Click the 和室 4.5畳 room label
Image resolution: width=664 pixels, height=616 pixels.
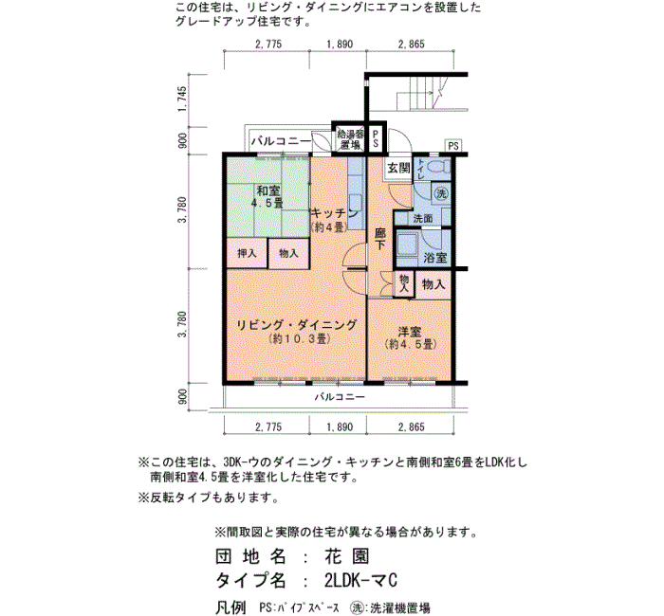point(267,196)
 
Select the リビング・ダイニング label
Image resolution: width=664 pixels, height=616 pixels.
point(296,325)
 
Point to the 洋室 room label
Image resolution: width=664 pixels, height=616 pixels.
point(410,331)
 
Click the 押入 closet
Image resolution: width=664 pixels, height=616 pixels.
point(247,253)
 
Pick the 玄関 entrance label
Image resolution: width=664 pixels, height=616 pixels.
point(398,168)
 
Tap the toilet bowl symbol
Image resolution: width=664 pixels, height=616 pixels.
point(438,166)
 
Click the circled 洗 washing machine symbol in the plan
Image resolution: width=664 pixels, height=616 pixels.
point(441,193)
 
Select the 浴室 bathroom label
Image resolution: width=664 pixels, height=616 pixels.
point(435,257)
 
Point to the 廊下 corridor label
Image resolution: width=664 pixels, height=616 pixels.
point(380,239)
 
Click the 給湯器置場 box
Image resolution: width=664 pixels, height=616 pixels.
point(350,139)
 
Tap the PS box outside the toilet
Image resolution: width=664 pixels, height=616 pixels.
point(453,146)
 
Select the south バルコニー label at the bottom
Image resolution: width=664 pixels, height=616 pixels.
point(340,397)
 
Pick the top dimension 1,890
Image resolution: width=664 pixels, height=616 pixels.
point(340,44)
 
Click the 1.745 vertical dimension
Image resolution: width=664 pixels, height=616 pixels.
point(182,100)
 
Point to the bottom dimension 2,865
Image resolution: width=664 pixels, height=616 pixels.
point(411,426)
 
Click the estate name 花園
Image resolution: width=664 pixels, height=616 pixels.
point(347,556)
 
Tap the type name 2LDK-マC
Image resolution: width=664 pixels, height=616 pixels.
point(360,580)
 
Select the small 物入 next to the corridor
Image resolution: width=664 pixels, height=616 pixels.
point(403,283)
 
